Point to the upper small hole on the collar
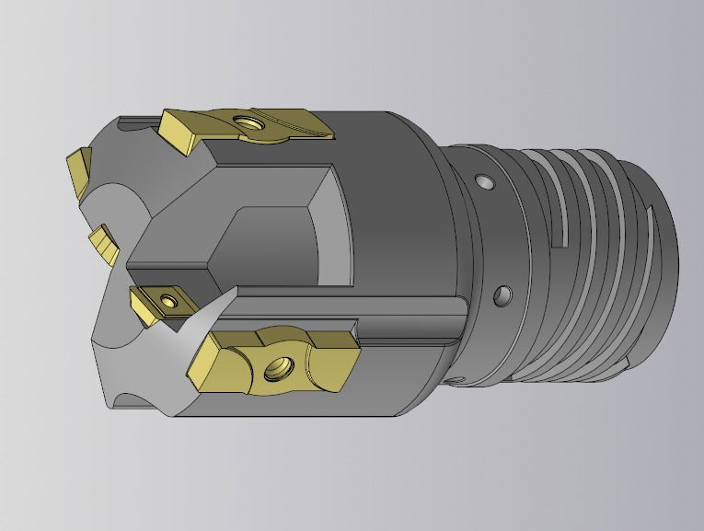[480, 179]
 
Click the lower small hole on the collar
[501, 295]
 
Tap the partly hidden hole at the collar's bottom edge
[450, 379]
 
